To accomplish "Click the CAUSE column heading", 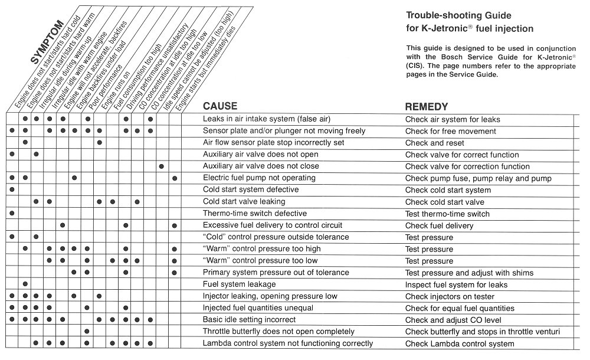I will (220, 107).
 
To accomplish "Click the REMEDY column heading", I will (427, 107).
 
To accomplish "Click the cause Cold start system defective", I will (250, 190).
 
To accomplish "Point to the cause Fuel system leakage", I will (239, 284).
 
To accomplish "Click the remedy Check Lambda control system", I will (460, 343).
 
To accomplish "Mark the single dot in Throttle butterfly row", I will (87, 332).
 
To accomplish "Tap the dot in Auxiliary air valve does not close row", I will (161, 166).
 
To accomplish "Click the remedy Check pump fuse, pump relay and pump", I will (478, 178).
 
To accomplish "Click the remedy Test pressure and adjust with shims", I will (469, 273).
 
